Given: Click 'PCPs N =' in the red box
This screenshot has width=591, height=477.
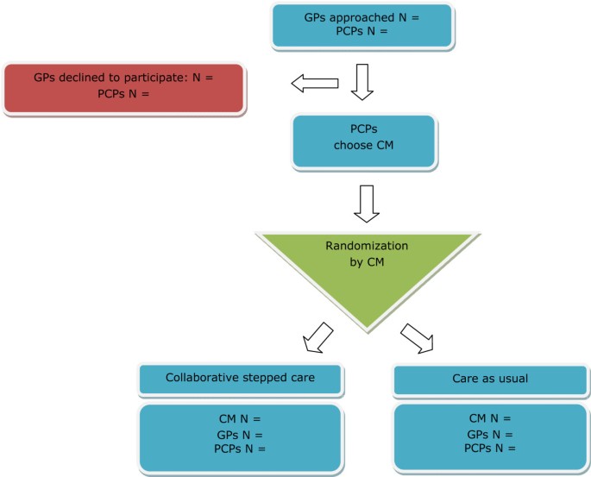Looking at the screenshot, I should coord(126,92).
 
